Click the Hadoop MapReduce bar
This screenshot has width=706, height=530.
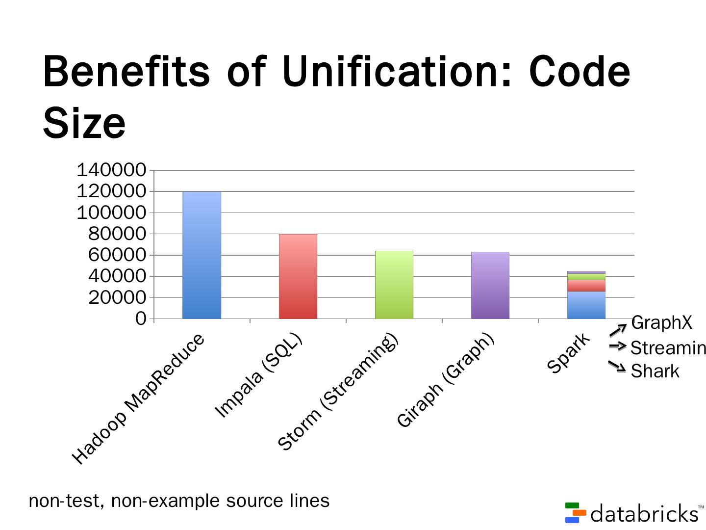pos(202,255)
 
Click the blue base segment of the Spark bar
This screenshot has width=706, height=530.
pos(586,305)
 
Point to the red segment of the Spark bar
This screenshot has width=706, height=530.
pos(586,286)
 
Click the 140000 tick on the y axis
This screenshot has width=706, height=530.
pos(111,170)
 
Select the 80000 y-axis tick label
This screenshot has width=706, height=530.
pos(117,234)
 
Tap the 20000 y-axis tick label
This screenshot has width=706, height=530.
pos(117,297)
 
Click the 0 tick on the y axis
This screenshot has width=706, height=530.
pos(141,319)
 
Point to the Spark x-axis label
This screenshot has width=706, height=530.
pos(569,353)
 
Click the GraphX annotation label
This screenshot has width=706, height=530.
pos(661,323)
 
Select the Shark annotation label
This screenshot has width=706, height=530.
pos(655,371)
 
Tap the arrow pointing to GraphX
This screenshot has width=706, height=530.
pos(618,330)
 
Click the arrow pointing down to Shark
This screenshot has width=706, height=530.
pos(617,366)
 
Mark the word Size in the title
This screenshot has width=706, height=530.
pos(84,123)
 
